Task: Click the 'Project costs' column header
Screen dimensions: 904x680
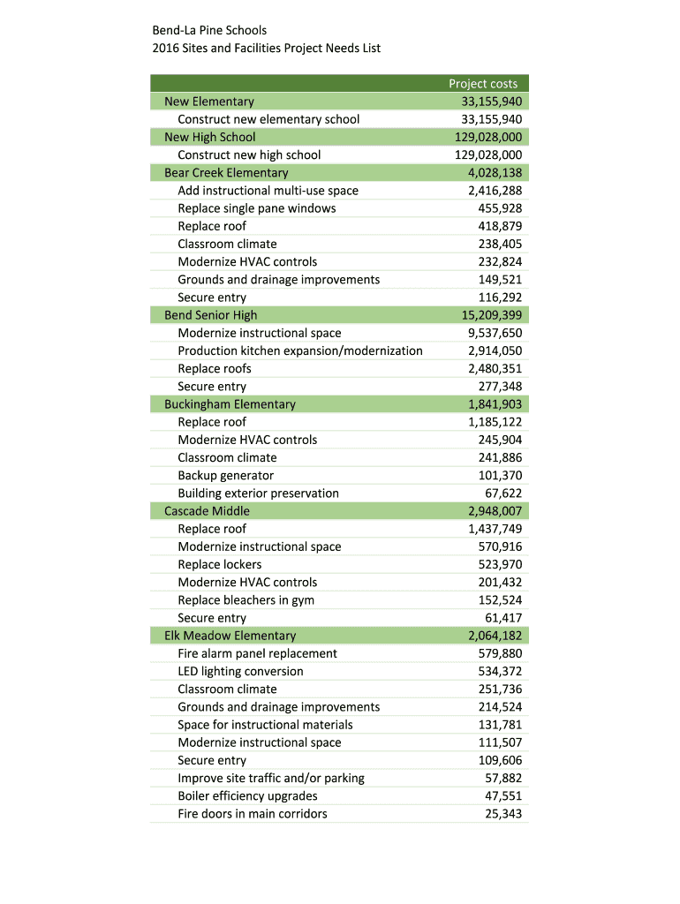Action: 483,84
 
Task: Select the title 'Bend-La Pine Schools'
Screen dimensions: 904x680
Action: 209,31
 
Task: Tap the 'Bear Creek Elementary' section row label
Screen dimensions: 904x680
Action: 226,173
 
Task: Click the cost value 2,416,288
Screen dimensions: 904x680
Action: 495,191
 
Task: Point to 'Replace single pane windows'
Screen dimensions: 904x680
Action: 256,208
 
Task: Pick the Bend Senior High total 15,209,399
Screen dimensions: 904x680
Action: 491,315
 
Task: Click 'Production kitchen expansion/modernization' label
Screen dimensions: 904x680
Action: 299,350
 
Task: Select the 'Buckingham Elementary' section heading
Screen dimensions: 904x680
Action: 230,404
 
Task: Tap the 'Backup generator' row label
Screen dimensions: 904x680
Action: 225,475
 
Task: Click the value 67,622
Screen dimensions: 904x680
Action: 503,493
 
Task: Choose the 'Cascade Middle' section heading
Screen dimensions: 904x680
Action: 207,511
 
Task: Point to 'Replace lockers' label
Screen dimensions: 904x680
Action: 219,564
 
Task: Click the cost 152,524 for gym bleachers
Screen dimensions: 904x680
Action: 500,600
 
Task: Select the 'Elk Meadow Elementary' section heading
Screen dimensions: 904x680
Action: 230,636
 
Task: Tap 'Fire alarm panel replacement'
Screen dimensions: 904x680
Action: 257,653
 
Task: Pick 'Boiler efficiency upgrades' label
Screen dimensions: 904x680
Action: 247,795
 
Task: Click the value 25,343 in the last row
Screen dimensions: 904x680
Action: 503,814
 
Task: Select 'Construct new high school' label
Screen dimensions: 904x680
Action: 249,155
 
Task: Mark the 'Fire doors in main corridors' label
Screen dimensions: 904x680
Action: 252,814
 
